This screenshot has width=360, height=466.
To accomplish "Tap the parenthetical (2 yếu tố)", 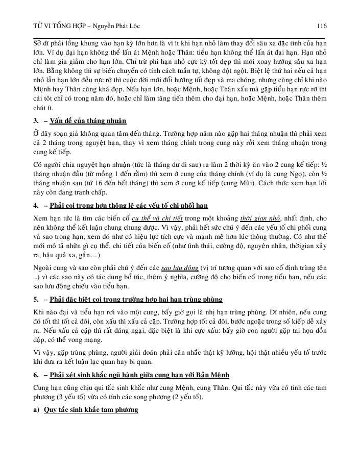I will pyautogui.click(x=180, y=397).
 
